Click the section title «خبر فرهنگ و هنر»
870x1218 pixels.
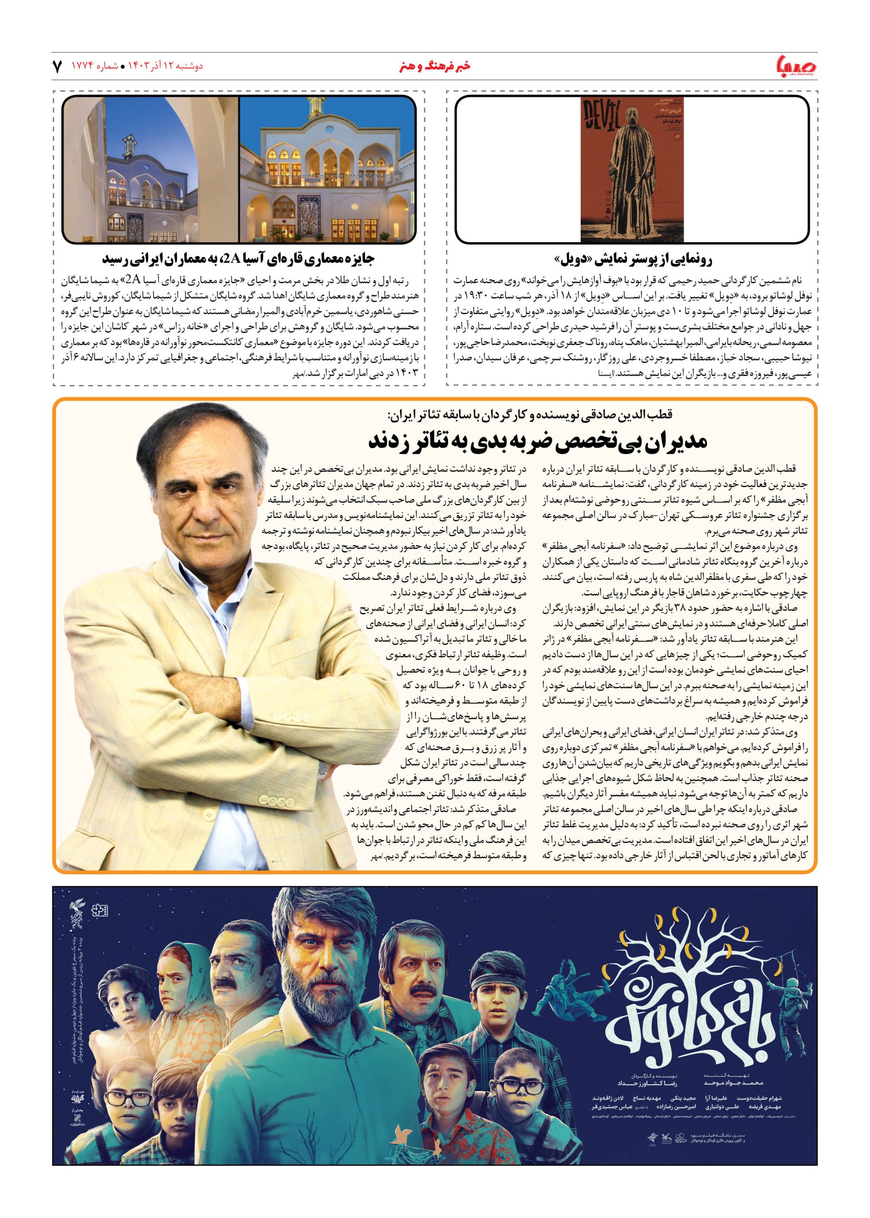(434, 66)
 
